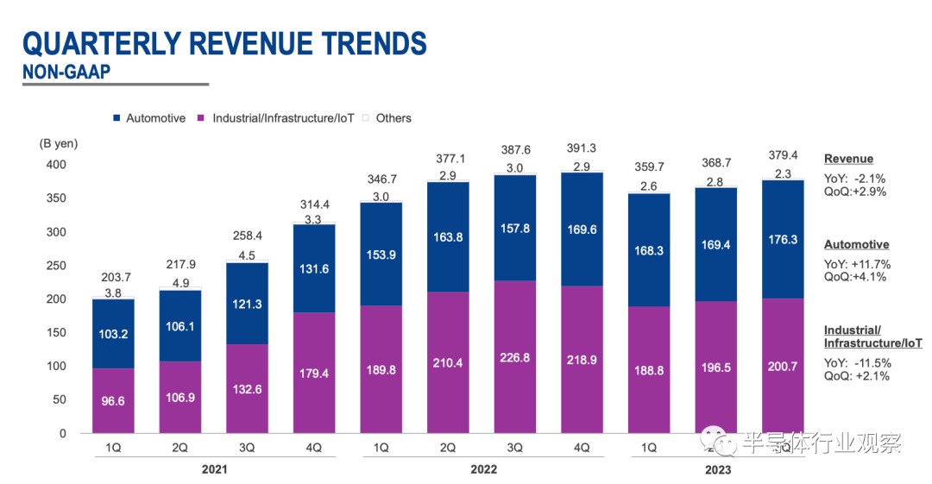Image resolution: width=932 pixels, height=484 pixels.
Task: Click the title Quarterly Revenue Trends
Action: [x=224, y=43]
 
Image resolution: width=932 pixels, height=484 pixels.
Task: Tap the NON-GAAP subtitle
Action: [x=66, y=72]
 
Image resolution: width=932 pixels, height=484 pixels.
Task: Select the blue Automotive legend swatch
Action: [x=116, y=118]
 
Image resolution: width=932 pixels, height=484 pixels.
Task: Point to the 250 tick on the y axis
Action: [x=57, y=266]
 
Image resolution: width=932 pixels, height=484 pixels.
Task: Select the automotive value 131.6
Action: [x=314, y=268]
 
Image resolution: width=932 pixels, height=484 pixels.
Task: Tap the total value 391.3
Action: [x=582, y=148]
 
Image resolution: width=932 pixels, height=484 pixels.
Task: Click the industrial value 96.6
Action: [x=114, y=401]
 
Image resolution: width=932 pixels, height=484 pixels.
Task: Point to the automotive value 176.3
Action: [x=782, y=240]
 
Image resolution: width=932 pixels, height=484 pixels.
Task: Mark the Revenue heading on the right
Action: [x=848, y=159]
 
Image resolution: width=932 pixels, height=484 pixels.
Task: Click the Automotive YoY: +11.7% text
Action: [x=858, y=264]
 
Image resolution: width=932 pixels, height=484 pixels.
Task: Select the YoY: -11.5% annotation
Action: [x=857, y=362]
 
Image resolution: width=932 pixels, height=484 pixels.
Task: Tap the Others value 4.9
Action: [x=180, y=282]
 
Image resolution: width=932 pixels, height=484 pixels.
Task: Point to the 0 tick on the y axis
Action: [x=62, y=433]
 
